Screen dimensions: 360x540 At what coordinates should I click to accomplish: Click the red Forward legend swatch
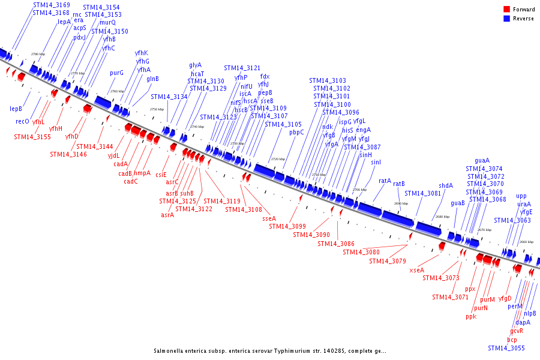tap(506, 10)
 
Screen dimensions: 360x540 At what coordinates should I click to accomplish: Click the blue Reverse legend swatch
tap(506, 19)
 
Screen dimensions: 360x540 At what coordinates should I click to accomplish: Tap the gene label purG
tap(116, 73)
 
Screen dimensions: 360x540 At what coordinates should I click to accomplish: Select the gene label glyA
tap(196, 65)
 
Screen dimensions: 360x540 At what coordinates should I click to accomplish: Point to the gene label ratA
tap(385, 180)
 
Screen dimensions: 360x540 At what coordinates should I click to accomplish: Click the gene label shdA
tap(446, 185)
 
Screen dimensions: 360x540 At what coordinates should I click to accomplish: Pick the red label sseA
tap(269, 218)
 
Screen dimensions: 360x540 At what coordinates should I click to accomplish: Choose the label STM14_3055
tap(506, 348)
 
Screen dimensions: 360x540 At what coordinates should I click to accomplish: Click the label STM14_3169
tap(51, 5)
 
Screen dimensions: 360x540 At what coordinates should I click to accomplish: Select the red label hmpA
tap(142, 173)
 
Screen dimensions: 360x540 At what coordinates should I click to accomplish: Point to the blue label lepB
tap(16, 109)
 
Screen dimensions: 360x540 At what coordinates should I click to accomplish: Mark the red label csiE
tap(161, 175)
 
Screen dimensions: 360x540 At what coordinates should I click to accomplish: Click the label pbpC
tap(296, 132)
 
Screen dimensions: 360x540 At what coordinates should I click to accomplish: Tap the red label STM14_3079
tap(388, 261)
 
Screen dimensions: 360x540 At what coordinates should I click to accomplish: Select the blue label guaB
tap(458, 203)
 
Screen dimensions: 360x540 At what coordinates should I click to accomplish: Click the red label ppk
tap(470, 317)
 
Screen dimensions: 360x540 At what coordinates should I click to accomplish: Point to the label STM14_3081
tap(422, 193)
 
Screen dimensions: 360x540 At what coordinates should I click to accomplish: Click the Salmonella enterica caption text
tap(269, 351)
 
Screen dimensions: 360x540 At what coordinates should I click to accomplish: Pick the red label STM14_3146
tap(68, 154)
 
